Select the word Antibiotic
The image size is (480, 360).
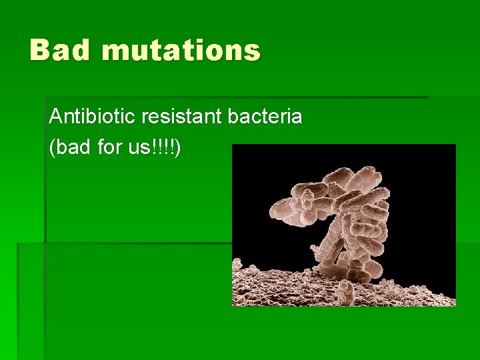coord(85,117)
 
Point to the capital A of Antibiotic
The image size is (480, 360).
coord(55,117)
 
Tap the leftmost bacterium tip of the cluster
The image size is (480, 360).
coord(275,211)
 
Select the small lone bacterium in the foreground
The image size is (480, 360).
coord(347,291)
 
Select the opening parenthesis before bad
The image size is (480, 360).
coord(52,148)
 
